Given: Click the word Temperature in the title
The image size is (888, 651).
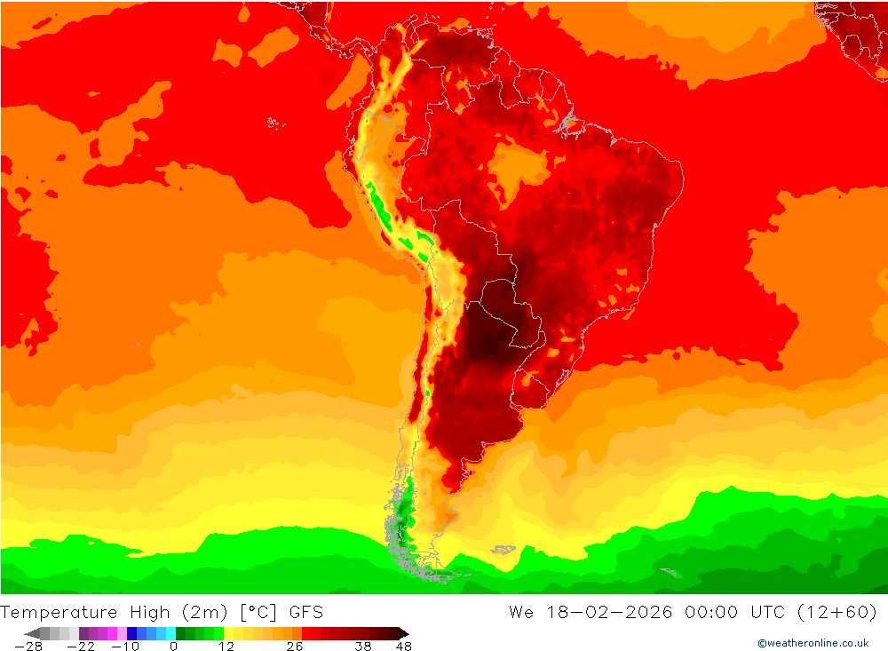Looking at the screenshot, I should coord(59,612).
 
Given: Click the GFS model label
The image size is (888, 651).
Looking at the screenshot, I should coord(305,612).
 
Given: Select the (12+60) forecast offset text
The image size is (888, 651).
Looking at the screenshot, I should coord(837,612).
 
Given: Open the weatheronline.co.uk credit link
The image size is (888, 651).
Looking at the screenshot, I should coord(813,643).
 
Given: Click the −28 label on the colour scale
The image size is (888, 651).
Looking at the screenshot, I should coord(29,647).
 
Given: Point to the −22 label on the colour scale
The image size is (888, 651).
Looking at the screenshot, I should coord(81,647).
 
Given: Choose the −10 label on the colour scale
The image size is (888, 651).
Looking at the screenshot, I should coord(125,647).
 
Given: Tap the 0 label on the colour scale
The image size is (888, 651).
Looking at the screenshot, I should coord(173,647).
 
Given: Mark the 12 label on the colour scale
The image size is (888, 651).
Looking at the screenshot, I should coord(226,647).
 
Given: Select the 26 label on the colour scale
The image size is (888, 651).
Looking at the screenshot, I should coord(294,647).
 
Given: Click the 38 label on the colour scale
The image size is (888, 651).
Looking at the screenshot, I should coord(362,647).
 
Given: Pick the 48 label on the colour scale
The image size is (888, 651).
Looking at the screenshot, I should coord(403,647).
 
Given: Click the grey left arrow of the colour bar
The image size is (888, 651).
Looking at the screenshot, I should coord(33,633).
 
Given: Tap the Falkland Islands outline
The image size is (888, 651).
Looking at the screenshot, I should coord(503,551).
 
